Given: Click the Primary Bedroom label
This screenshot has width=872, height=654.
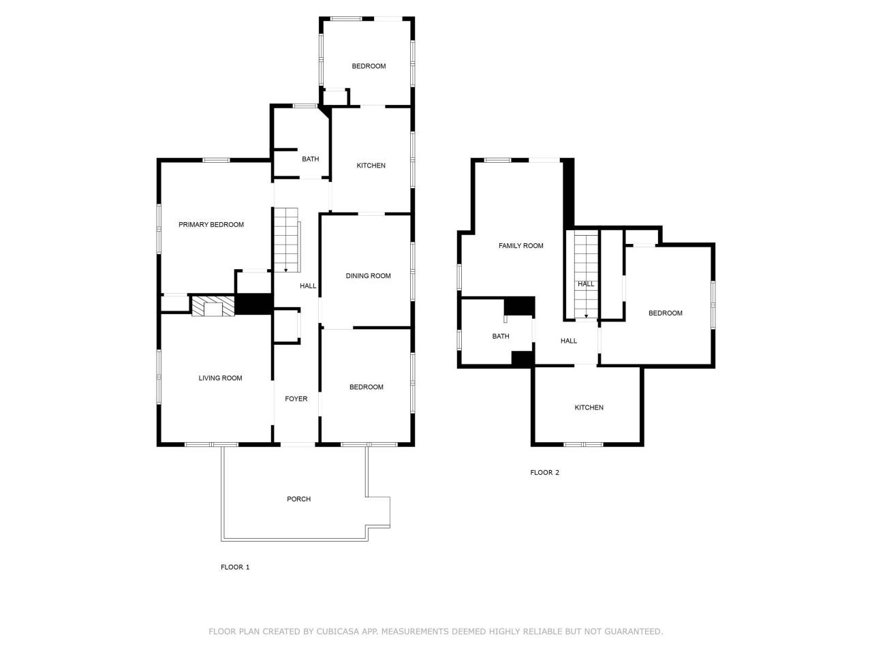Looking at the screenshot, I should [211, 225].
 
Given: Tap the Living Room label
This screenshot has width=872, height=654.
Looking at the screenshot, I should [220, 378].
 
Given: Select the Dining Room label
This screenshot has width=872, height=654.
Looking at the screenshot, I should [368, 276].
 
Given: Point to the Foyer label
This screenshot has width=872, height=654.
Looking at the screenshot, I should [296, 399].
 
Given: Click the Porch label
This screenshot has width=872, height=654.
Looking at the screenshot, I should [298, 499].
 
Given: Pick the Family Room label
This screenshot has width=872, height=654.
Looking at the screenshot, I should [521, 246].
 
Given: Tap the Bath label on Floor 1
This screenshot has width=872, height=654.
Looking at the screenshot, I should [310, 159].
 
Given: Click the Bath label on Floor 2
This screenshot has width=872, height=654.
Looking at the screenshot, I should [501, 337].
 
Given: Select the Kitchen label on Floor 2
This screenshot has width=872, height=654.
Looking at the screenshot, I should [589, 408].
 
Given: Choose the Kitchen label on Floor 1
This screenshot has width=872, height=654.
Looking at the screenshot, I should [371, 166].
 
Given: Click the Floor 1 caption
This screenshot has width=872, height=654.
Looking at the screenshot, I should [235, 567].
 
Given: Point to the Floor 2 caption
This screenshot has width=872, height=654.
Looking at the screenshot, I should [544, 473].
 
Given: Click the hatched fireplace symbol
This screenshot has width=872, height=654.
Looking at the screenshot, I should [213, 306].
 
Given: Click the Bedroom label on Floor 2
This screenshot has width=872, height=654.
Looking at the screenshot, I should [665, 313].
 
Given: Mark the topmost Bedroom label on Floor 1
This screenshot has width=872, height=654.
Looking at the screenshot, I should [369, 66].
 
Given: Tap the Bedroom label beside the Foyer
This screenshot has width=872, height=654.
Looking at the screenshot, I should [367, 388].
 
